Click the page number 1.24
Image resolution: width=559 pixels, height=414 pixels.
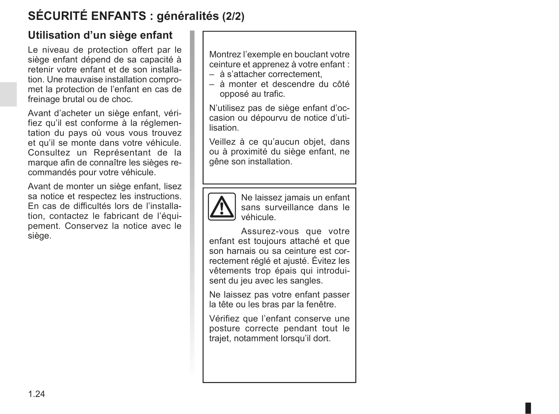pyautogui.click(x=37, y=394)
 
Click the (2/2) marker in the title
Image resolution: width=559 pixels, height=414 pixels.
pyautogui.click(x=233, y=16)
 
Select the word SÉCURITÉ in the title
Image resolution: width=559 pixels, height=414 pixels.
pyautogui.click(x=57, y=16)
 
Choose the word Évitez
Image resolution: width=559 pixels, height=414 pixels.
pyautogui.click(x=324, y=261)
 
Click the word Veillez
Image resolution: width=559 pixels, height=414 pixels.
pyautogui.click(x=222, y=142)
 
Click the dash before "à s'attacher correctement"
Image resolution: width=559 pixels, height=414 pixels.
pyautogui.click(x=212, y=74)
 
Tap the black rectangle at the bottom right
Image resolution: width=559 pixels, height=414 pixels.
pyautogui.click(x=528, y=408)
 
